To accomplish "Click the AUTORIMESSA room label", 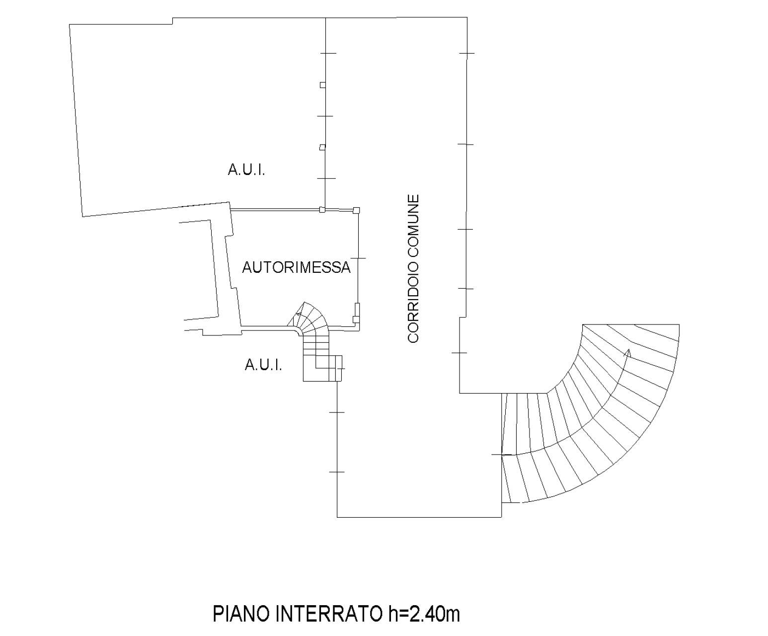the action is pyautogui.click(x=296, y=267).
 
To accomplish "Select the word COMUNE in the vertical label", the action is pyautogui.click(x=413, y=226).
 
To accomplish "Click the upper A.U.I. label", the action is pyautogui.click(x=246, y=170).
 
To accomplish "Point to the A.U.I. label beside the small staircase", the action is pyautogui.click(x=263, y=365).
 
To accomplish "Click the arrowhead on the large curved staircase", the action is pyautogui.click(x=628, y=353).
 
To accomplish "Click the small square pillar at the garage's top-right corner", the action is pyautogui.click(x=356, y=210).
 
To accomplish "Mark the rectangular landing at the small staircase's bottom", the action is pyautogui.click(x=322, y=368).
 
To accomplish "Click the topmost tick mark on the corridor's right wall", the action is pyautogui.click(x=467, y=53).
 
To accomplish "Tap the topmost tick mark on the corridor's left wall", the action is pyautogui.click(x=328, y=53).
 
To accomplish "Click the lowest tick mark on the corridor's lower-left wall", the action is pyautogui.click(x=337, y=472).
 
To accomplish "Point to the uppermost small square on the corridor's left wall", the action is pyautogui.click(x=322, y=85).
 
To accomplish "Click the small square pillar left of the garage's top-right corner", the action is pyautogui.click(x=322, y=210).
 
